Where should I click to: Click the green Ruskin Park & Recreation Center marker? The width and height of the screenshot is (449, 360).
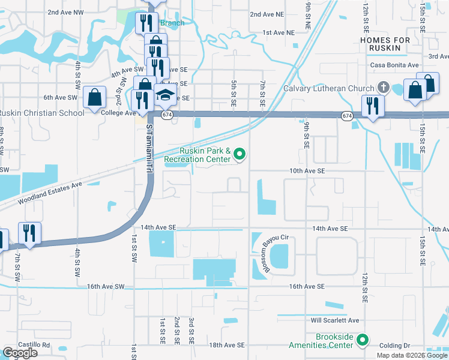pos(240,155)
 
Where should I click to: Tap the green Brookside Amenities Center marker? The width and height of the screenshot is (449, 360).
pos(362,341)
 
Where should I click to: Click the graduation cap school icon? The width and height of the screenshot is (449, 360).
pos(165,95)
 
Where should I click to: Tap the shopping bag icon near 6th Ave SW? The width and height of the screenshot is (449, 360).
pos(95,97)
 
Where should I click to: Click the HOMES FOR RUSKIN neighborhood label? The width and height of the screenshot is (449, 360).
pos(385,44)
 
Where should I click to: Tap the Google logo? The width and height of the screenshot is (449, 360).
pos(20,353)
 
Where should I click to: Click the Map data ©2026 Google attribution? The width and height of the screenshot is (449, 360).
pos(411,355)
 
